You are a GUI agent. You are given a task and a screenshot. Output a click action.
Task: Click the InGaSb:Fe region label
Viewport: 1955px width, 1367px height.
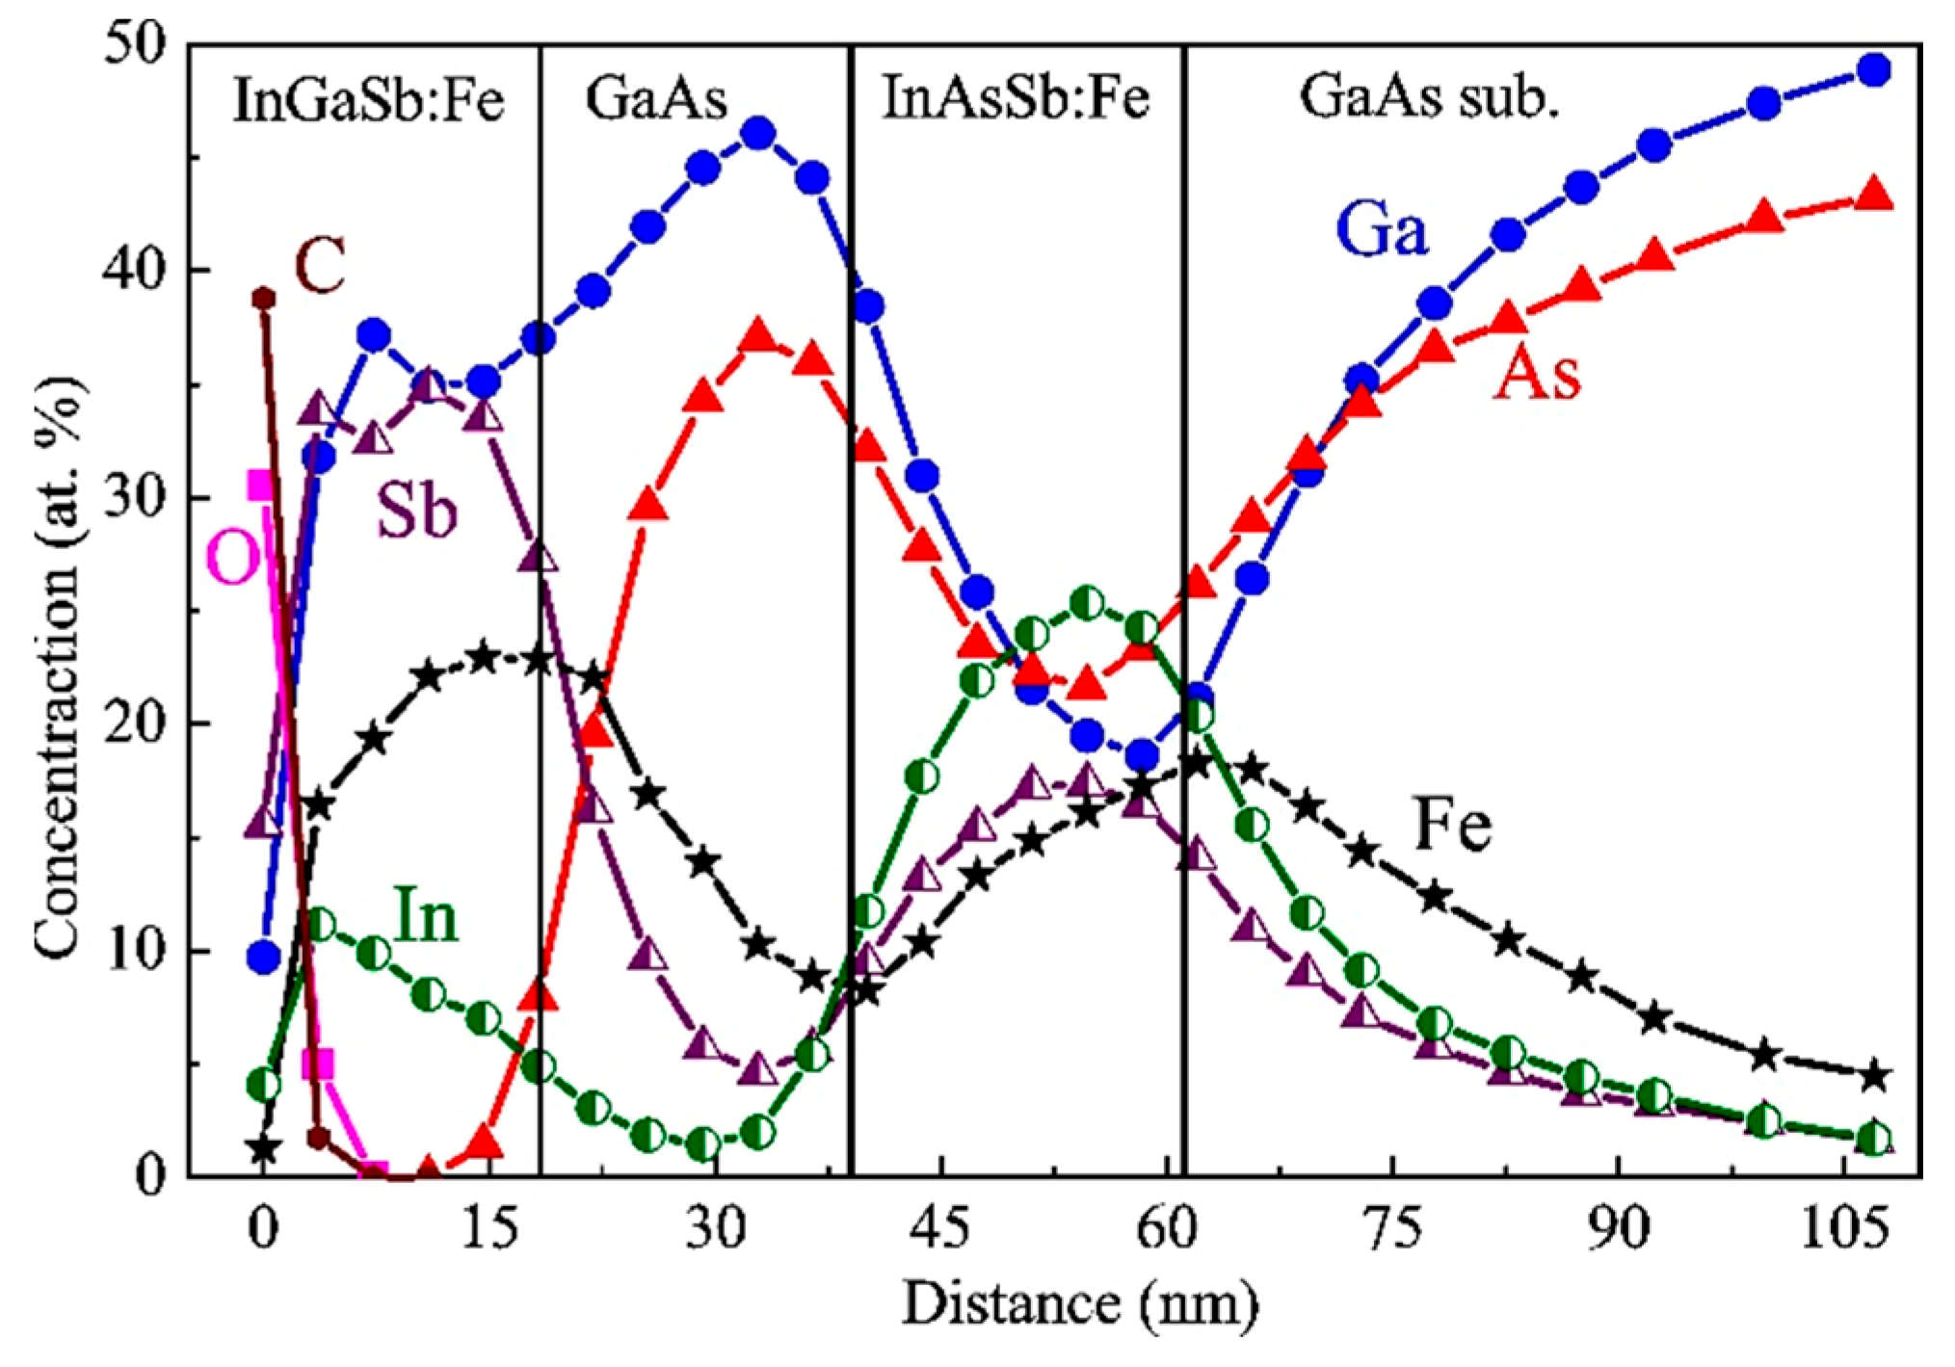368,100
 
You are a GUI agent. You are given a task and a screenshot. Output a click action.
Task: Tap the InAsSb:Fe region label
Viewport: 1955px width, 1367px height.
1016,98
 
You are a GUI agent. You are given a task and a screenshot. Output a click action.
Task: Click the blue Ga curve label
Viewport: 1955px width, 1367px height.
1381,233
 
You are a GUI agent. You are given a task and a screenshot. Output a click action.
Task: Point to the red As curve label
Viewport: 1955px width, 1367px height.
1537,374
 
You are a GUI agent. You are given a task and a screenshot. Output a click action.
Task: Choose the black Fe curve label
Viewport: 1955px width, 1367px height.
1453,827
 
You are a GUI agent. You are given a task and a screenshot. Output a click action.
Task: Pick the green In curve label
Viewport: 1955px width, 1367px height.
426,917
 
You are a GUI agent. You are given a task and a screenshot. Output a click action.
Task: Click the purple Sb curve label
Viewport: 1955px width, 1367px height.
416,512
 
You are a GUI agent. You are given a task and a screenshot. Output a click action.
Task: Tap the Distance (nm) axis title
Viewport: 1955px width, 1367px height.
1079,1305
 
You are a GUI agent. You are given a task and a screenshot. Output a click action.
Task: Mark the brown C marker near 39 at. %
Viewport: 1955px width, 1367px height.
263,299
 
